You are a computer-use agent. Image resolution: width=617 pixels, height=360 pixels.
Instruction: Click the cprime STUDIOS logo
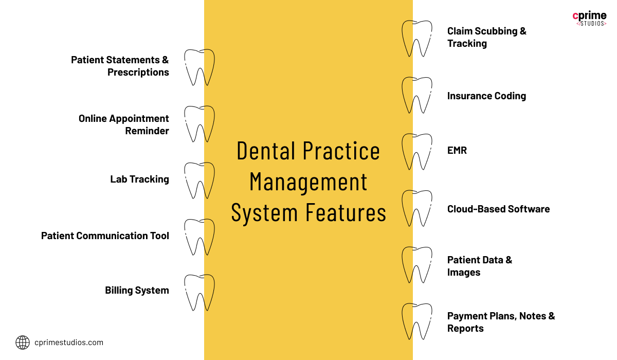[589, 18]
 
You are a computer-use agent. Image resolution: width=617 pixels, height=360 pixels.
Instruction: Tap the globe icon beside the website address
[23, 343]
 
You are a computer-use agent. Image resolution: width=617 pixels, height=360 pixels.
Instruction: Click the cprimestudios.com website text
[69, 343]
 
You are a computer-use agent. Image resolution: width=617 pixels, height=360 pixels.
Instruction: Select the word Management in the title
[308, 182]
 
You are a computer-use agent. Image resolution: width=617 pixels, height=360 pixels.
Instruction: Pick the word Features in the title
[346, 212]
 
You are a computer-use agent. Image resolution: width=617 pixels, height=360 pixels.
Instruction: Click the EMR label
[457, 150]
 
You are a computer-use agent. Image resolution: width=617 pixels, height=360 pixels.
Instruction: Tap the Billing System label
[137, 291]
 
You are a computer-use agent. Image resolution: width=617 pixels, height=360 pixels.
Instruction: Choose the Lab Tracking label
[140, 179]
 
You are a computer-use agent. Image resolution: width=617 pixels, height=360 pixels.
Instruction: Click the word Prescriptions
[138, 72]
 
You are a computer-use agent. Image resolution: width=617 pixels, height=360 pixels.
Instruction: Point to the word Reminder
[147, 131]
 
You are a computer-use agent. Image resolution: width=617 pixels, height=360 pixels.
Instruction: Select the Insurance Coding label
[487, 96]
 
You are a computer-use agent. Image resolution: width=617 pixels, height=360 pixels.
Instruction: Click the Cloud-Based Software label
[499, 209]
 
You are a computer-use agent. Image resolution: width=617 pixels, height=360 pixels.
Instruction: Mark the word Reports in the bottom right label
[465, 329]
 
